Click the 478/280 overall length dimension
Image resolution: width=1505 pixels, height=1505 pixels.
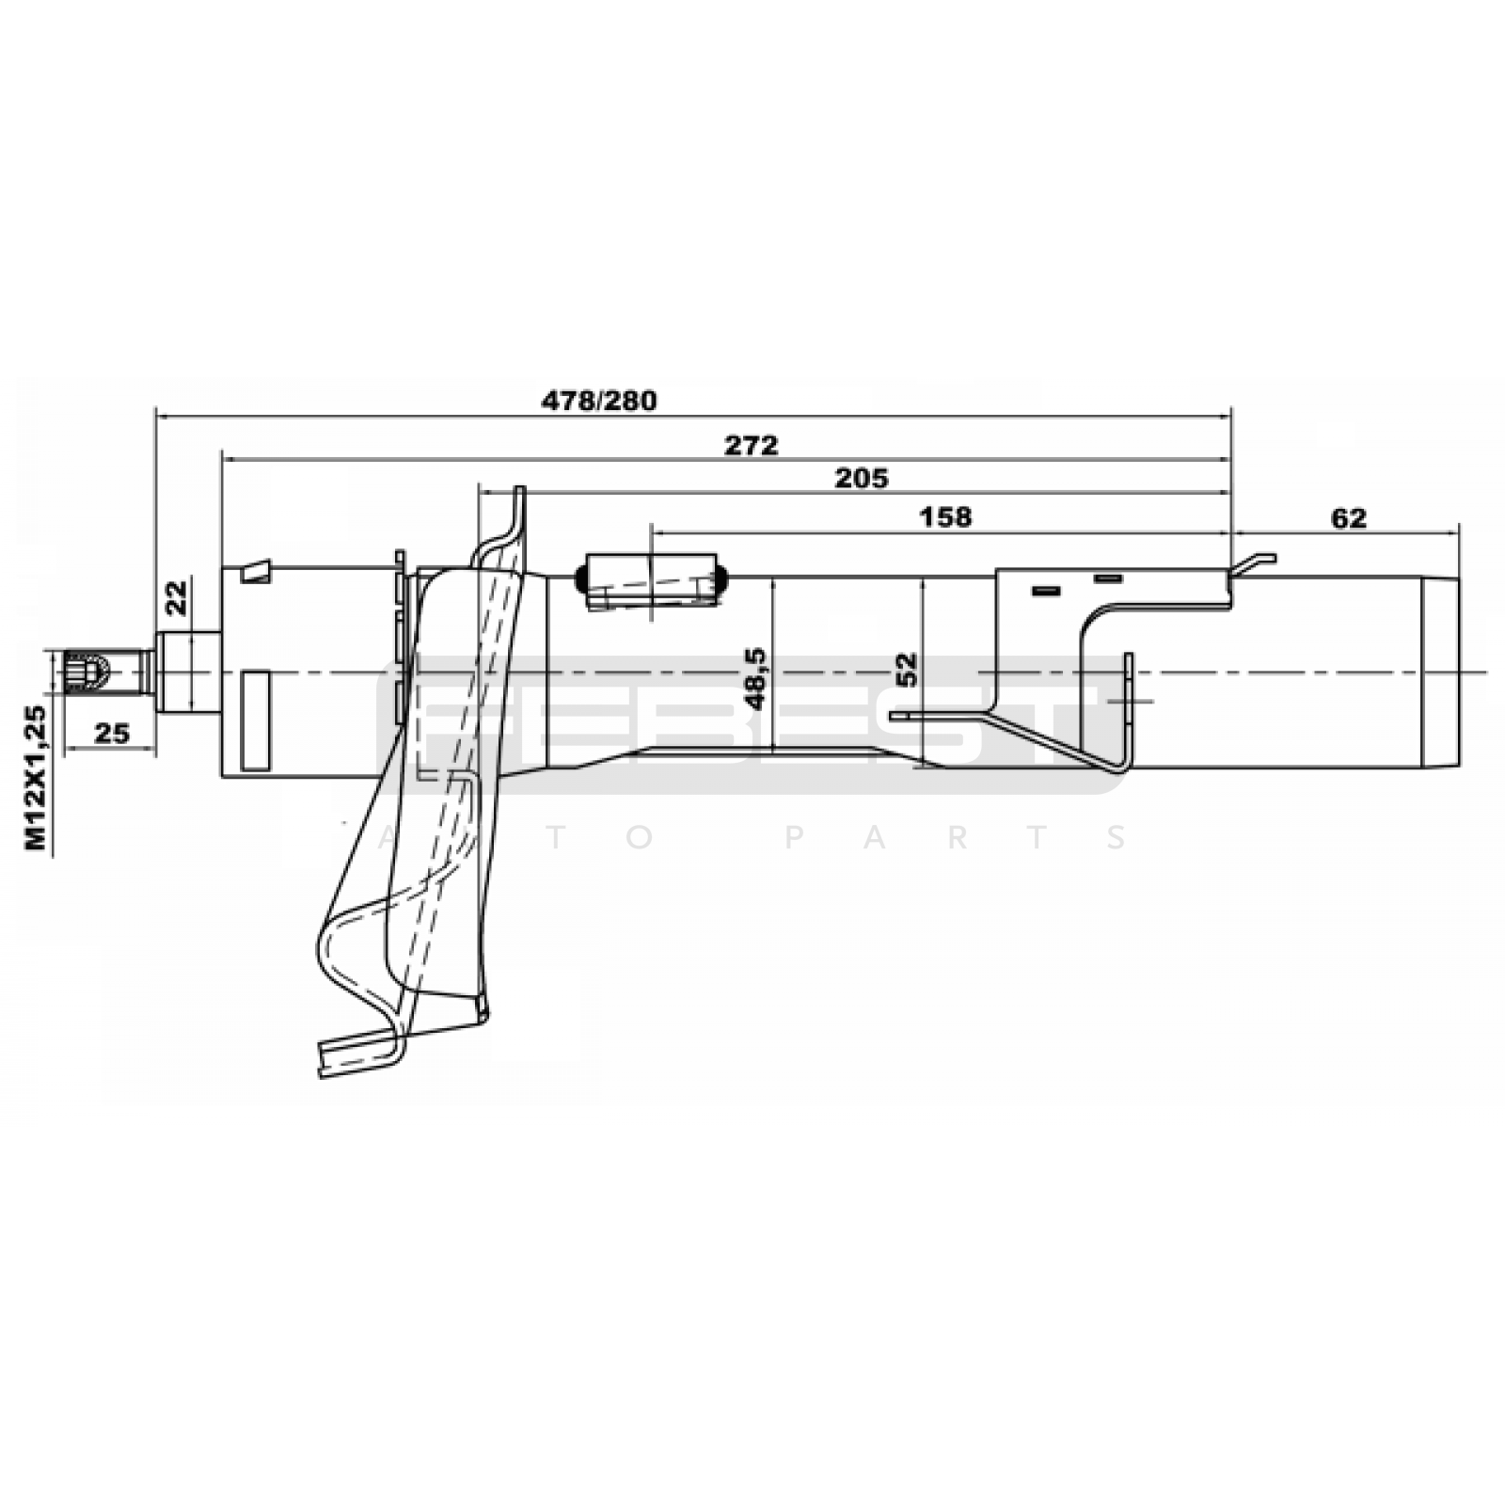pyautogui.click(x=598, y=401)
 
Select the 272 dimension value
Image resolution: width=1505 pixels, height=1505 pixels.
pyautogui.click(x=751, y=445)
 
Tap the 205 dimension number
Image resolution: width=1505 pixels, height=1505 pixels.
pyautogui.click(x=861, y=479)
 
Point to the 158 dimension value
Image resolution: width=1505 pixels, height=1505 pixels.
pyautogui.click(x=945, y=517)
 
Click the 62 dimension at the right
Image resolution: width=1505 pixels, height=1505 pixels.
pyautogui.click(x=1348, y=518)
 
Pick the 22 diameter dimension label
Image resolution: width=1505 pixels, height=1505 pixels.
pyautogui.click(x=177, y=597)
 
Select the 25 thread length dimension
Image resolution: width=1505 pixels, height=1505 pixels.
pyautogui.click(x=111, y=733)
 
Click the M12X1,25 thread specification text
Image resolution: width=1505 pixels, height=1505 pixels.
pyautogui.click(x=35, y=777)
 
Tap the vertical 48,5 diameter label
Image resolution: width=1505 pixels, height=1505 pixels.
pyautogui.click(x=755, y=678)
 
